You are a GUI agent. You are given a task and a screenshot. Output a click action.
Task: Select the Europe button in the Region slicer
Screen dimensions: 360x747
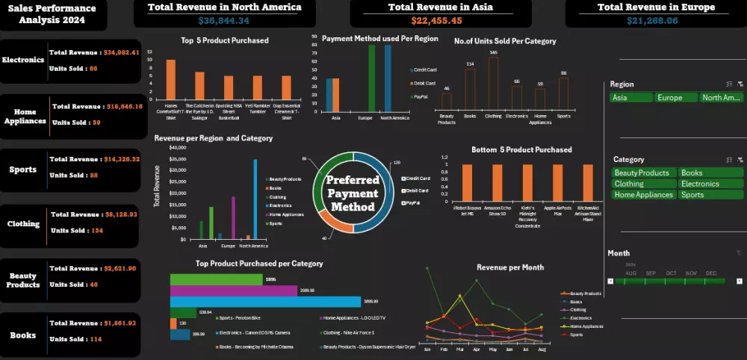675,98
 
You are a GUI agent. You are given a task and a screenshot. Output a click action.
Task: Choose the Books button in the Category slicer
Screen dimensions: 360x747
710,173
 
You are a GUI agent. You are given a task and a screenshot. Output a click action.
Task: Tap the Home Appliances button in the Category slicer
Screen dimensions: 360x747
644,195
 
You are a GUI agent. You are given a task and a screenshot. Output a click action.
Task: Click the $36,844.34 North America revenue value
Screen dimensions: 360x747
224,20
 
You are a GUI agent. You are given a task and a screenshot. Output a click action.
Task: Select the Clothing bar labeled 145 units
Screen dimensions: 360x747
493,84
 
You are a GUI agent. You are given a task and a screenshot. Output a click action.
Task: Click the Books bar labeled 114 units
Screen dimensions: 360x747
470,90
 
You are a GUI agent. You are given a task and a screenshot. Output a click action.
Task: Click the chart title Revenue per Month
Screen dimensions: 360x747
510,267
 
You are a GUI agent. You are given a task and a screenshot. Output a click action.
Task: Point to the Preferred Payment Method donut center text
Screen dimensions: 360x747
353,193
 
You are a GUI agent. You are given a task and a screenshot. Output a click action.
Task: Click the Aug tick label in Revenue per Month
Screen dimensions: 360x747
542,349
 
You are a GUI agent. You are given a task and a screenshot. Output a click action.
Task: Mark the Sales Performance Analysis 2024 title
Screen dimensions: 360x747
52,14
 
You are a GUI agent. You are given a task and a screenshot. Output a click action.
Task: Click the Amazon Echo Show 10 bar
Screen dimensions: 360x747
498,182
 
